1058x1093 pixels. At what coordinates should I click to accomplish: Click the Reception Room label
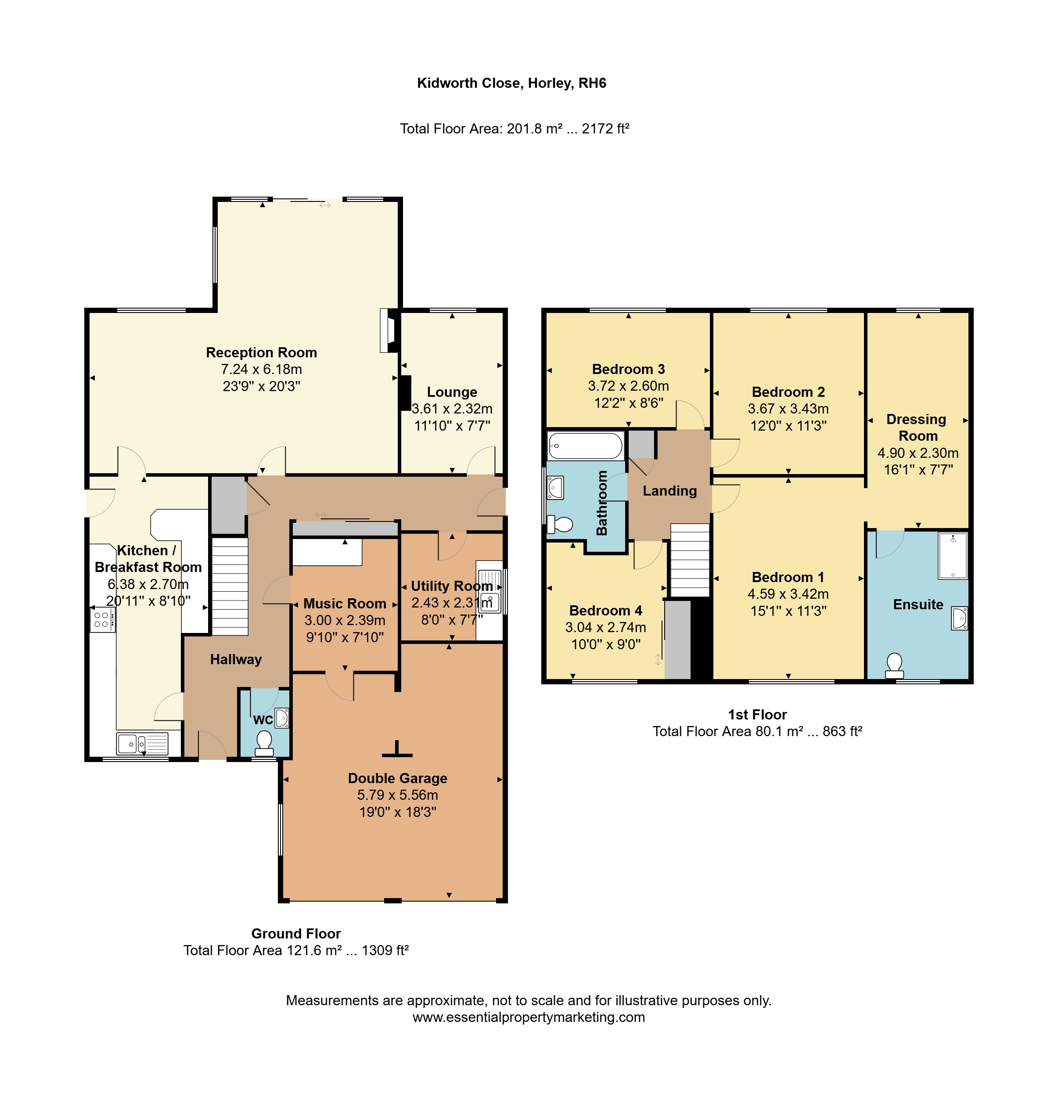[x=261, y=352]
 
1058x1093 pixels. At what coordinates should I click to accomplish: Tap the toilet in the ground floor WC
[x=264, y=743]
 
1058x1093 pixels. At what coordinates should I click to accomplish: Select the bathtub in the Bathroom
[x=586, y=446]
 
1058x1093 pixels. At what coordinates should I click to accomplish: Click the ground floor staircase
[x=230, y=586]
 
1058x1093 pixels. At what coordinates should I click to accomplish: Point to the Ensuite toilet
[x=894, y=666]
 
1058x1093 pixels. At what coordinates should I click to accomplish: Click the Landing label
[x=670, y=491]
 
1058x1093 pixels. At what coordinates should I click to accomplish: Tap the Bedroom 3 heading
[x=628, y=369]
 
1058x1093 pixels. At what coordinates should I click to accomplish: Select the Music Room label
[x=345, y=604]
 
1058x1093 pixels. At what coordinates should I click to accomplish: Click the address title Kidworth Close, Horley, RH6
[x=511, y=83]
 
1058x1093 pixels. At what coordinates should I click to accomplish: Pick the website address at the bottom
[x=529, y=1017]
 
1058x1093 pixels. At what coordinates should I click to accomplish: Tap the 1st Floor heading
[x=757, y=714]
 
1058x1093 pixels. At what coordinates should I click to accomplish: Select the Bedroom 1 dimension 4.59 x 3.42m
[x=788, y=594]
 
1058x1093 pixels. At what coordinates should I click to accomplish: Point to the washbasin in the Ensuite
[x=960, y=618]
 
